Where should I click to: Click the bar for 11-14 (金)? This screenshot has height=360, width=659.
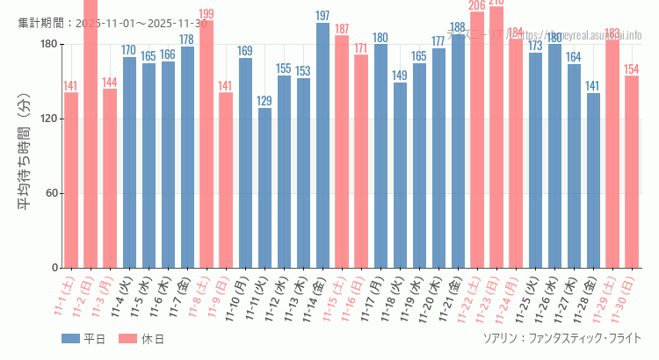322,145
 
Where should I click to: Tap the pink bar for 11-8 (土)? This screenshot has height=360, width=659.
206,144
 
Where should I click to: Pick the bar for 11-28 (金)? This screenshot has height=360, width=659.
593,180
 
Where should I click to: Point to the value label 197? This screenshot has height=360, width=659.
322,16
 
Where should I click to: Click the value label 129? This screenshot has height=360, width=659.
264,101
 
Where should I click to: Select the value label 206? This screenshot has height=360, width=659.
477,6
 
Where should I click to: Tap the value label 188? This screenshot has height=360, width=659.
458,27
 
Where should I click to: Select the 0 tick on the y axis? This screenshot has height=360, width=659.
54,268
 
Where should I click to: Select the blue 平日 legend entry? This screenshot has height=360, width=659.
83,339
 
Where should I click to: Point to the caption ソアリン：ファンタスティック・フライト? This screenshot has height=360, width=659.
561,338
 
